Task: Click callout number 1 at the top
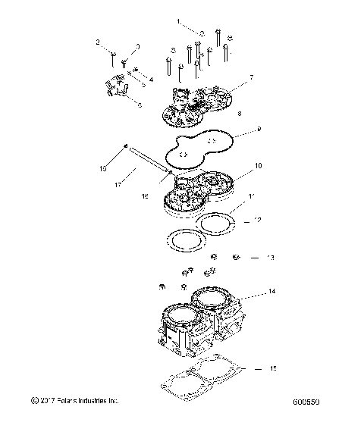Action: [x=179, y=23]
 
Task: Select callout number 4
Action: [x=150, y=79]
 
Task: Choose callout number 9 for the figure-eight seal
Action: [x=259, y=130]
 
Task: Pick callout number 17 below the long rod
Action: [x=118, y=183]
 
